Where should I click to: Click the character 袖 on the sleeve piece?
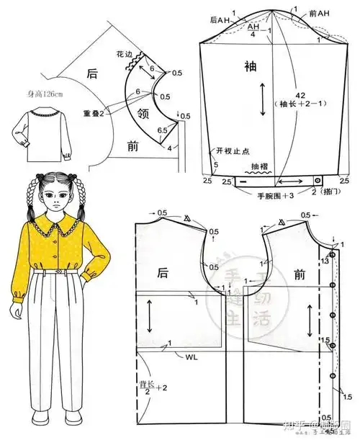coord(250,67)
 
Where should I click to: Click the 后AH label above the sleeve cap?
coord(219,20)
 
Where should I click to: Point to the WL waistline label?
coord(191,356)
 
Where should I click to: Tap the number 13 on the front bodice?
coord(324,262)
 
